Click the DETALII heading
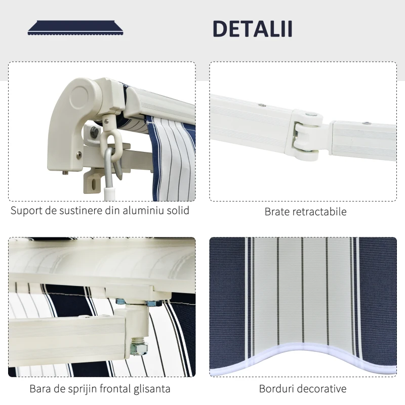click(253, 29)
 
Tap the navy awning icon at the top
click(75, 28)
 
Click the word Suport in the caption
click(26, 211)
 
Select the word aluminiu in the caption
click(143, 210)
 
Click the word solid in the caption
click(178, 210)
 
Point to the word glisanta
click(152, 389)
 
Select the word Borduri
click(276, 389)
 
